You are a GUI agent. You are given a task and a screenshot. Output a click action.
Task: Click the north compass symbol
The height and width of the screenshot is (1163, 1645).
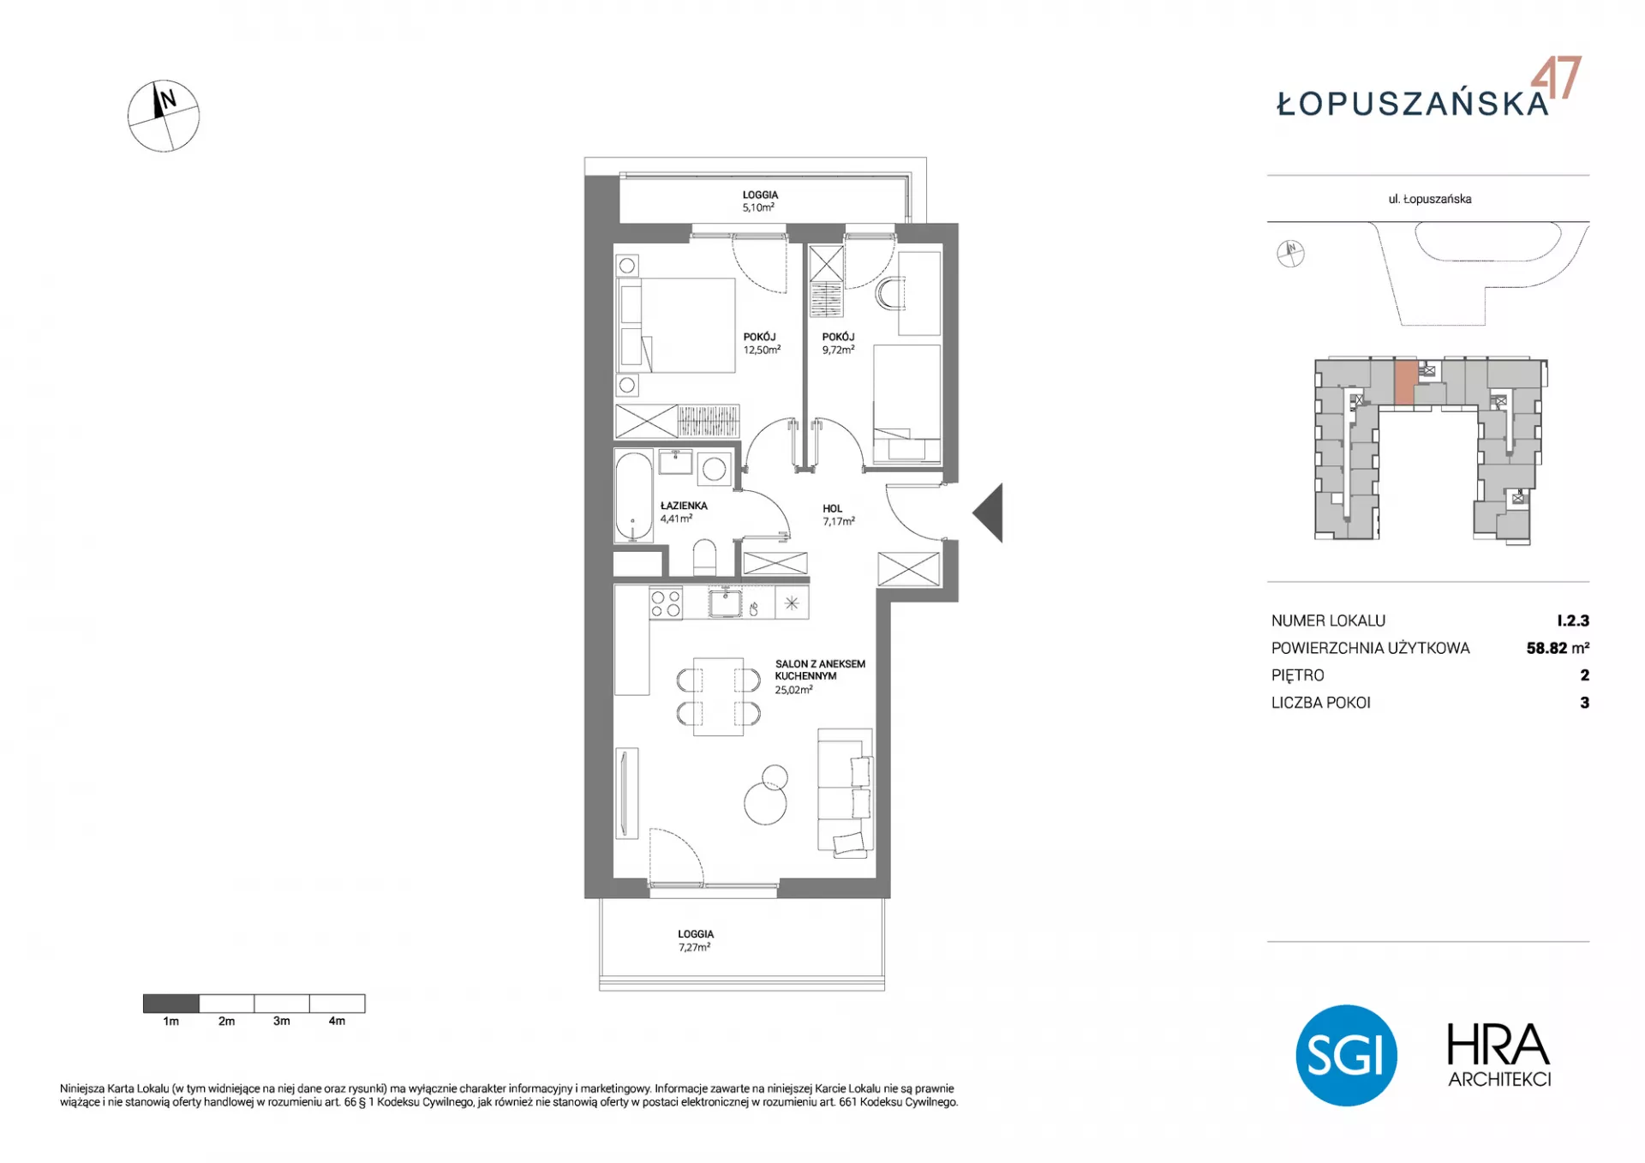164,117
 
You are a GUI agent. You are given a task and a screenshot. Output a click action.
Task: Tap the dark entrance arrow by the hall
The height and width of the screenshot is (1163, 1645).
990,513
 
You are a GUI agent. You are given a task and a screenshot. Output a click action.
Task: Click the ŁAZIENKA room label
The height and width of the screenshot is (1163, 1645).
684,506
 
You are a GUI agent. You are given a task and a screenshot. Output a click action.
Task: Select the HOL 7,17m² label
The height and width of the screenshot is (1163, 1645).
838,515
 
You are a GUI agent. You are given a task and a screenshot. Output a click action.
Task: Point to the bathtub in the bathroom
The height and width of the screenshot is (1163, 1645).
633,496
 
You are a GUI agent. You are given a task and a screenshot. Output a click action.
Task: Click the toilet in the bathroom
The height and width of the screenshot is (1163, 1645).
704,557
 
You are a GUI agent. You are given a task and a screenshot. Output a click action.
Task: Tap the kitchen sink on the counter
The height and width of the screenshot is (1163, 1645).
725,602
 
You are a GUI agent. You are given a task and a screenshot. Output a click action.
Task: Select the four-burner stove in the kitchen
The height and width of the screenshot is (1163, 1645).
666,602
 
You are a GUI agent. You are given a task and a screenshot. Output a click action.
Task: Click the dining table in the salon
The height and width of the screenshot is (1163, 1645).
718,696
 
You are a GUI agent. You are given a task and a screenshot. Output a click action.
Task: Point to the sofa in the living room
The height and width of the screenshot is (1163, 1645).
845,791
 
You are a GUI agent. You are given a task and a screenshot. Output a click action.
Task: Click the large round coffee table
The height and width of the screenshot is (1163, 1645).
765,804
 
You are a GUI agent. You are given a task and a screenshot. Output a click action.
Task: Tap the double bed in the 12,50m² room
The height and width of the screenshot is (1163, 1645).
677,325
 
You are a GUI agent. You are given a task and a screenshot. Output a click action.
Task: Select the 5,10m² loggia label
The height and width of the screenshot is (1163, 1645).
759,201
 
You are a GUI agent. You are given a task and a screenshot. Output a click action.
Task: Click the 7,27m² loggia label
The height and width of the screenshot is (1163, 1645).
695,941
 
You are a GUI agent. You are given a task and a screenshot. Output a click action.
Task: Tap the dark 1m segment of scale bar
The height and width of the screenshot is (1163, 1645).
170,1003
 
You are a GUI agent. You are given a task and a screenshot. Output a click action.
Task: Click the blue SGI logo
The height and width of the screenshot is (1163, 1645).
1346,1055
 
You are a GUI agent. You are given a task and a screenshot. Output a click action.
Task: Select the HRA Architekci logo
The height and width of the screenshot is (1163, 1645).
1499,1055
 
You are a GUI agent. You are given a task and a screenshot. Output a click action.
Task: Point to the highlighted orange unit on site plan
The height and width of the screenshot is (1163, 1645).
1403,382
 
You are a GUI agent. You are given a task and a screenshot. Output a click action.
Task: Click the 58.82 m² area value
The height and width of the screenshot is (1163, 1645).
1558,648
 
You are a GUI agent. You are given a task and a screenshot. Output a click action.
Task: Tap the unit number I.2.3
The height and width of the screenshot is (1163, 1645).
1573,620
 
